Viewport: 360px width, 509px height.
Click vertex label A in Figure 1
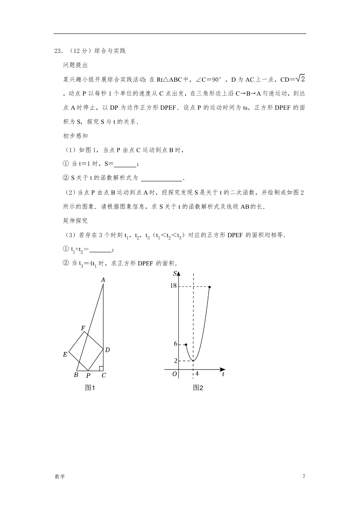103,280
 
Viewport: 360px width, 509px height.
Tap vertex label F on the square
83,328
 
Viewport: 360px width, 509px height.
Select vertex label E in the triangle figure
65,355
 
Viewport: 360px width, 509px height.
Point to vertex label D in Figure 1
107,350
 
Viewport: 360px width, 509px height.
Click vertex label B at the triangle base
76,375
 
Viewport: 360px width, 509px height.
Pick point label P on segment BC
88,376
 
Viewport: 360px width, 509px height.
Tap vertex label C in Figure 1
104,375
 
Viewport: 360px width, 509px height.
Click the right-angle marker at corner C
101,368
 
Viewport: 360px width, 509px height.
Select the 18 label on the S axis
173,286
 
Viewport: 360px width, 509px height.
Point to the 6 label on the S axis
176,344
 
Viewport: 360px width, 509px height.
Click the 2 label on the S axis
176,361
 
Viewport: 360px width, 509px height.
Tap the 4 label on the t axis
197,374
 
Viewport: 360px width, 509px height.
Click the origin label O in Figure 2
174,374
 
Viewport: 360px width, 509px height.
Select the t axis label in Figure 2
223,374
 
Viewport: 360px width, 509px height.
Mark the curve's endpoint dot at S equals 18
209,287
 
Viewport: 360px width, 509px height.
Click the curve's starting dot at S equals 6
186,345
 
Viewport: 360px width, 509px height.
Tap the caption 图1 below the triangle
90,388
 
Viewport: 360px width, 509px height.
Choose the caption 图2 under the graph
198,388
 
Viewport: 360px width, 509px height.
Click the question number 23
58,51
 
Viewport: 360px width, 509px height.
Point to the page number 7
304,477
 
